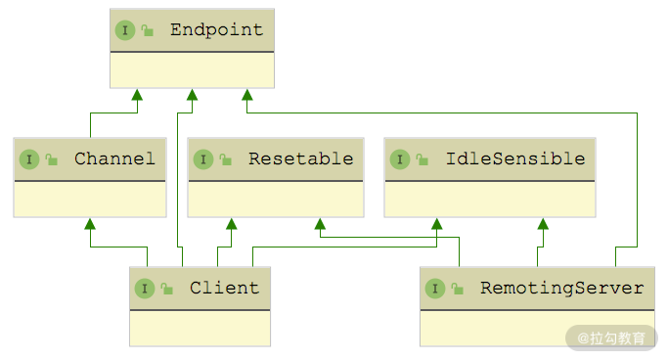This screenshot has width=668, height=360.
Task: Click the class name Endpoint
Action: tap(217, 29)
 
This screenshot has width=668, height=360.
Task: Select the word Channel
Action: tap(114, 158)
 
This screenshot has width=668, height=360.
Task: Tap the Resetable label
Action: tap(301, 158)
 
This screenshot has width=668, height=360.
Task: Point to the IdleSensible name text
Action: tap(515, 158)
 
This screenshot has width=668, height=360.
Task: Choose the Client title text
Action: tap(225, 288)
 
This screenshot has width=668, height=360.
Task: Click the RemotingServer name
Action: tap(562, 288)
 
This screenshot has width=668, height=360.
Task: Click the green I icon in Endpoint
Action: tap(125, 30)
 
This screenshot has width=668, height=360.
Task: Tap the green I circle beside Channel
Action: tap(29, 159)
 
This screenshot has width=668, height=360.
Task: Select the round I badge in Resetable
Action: tap(203, 159)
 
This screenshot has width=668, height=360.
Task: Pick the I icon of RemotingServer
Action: tap(435, 289)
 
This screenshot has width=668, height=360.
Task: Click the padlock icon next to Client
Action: tap(167, 289)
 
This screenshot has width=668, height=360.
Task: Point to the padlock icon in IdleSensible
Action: tap(423, 159)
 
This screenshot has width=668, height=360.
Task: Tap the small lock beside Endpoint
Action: tap(148, 30)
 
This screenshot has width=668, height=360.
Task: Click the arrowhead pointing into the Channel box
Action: tap(90, 224)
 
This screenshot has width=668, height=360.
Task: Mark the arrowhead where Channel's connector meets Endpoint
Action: tap(137, 95)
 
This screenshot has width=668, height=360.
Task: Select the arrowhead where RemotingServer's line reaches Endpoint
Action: tap(247, 95)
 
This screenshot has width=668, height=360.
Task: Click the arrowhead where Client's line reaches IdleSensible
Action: tap(436, 224)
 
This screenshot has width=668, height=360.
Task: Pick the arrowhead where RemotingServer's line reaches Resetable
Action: tap(320, 224)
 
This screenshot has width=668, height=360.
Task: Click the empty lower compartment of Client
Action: tap(200, 328)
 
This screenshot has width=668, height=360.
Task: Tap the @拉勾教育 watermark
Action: tap(611, 338)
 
